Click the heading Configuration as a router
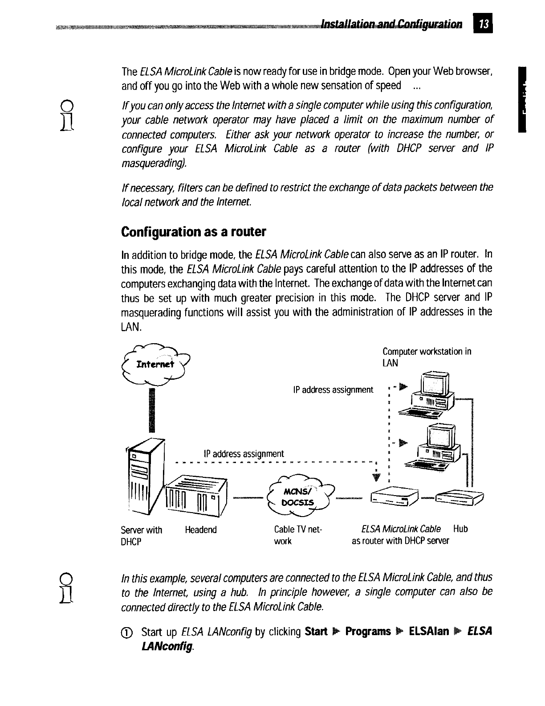click(x=193, y=232)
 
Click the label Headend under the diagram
click(x=201, y=529)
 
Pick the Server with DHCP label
click(x=141, y=535)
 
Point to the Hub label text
click(x=460, y=529)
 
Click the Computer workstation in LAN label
click(x=427, y=357)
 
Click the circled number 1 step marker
click(x=129, y=632)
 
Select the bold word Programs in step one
click(x=368, y=632)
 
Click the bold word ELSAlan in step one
click(x=428, y=632)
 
